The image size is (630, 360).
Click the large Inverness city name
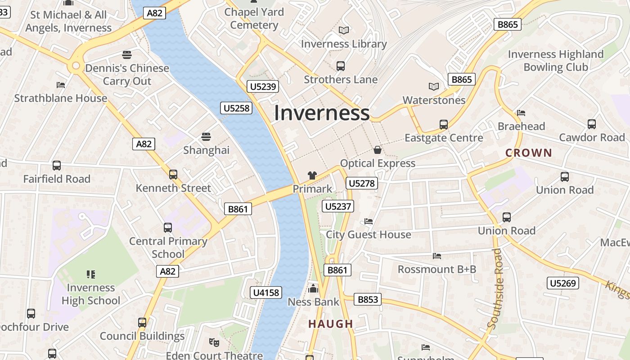(321, 112)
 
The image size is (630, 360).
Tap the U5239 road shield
(263, 86)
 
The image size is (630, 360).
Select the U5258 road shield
(236, 108)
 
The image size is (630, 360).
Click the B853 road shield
(367, 299)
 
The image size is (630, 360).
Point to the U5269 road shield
(563, 283)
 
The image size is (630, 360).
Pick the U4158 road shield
(266, 292)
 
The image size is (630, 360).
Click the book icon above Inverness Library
(344, 30)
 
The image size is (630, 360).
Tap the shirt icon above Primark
(312, 175)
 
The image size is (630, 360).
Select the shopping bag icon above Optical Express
(378, 150)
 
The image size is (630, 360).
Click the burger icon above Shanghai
(206, 136)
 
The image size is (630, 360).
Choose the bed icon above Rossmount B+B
(437, 256)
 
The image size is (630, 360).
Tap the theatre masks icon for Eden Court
(214, 342)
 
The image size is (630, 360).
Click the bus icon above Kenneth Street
(173, 174)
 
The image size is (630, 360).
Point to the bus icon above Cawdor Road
(592, 124)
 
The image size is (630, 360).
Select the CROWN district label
(528, 153)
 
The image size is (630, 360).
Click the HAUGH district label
(331, 324)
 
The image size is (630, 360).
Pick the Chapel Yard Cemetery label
(254, 18)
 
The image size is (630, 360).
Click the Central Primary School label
(168, 247)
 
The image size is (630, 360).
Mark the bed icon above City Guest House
(369, 221)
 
